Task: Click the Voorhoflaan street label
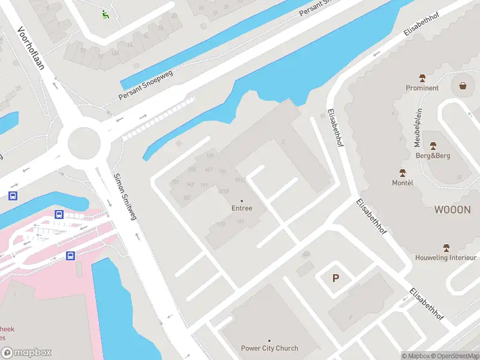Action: (32, 49)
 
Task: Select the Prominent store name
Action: (422, 88)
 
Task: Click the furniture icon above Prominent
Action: (422, 78)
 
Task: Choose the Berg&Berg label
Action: (433, 155)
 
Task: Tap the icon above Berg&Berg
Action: (433, 146)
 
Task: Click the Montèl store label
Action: (403, 182)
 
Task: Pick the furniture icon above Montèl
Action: (403, 173)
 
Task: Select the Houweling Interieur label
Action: (446, 257)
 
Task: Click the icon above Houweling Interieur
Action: (446, 247)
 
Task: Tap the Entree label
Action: (242, 208)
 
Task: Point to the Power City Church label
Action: (269, 348)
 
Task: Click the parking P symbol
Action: (336, 278)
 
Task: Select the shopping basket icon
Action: (463, 85)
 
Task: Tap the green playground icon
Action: (106, 14)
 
